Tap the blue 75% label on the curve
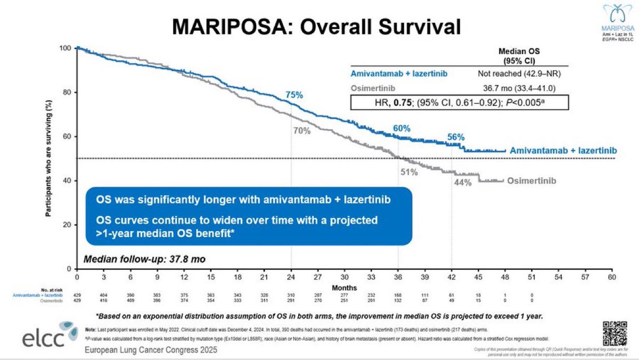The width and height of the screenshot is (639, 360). [x=294, y=95]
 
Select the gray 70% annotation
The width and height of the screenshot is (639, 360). [x=301, y=130]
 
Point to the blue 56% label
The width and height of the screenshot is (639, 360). [x=456, y=137]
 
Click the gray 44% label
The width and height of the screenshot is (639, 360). [x=463, y=183]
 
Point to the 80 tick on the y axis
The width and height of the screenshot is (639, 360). [x=67, y=92]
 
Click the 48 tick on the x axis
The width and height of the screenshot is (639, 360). [x=505, y=277]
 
